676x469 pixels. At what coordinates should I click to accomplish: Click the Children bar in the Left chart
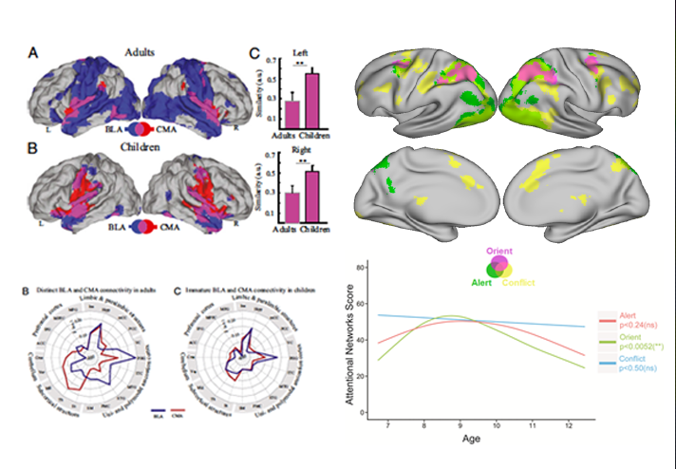click(310, 100)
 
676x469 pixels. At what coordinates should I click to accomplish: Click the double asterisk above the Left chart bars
click(302, 66)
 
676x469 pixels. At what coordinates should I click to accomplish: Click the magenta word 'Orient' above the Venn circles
click(499, 250)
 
